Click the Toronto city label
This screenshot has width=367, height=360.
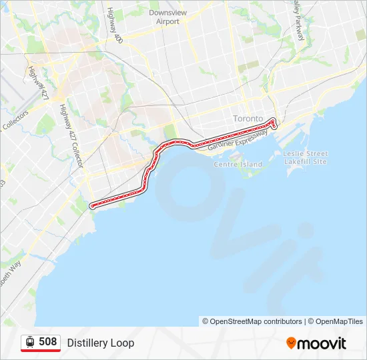pos(248,119)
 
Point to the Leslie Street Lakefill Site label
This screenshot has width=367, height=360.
pos(306,157)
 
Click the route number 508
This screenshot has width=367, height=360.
pos(47,342)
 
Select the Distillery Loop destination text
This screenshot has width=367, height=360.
pos(100,343)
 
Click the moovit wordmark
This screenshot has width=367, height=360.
pos(322,343)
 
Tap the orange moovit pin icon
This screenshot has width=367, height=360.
pos(291,343)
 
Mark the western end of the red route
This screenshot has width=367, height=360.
pos(91,205)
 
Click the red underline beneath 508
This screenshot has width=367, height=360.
pos(41,351)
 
